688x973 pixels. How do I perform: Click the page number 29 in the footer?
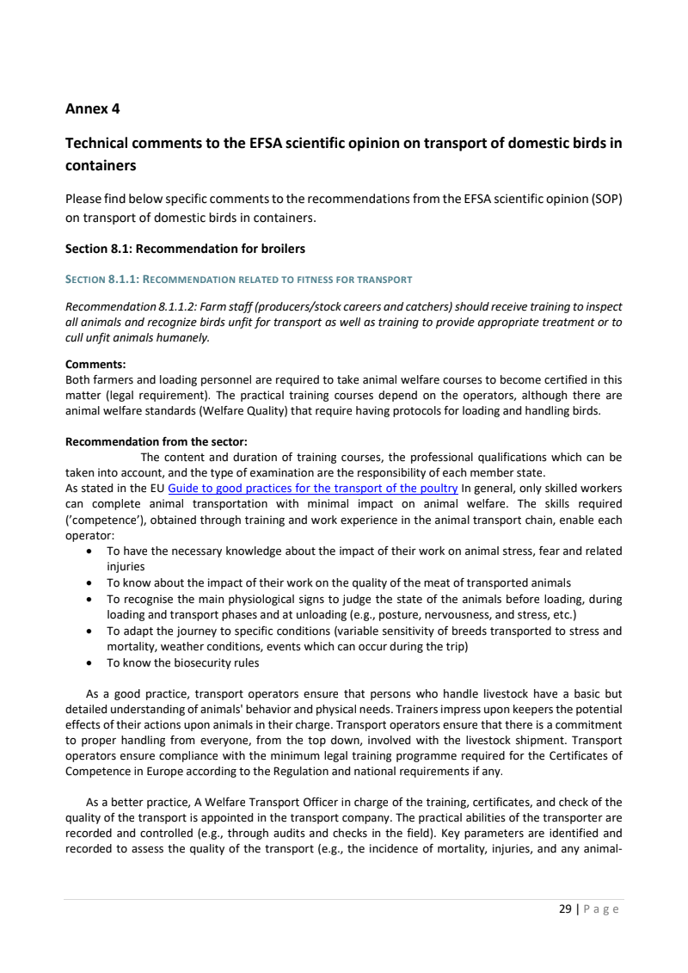565,908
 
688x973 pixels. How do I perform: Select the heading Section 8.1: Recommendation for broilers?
185,249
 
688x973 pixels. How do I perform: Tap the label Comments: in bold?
95,364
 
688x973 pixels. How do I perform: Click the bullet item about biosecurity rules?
182,662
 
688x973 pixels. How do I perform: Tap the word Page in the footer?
601,908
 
